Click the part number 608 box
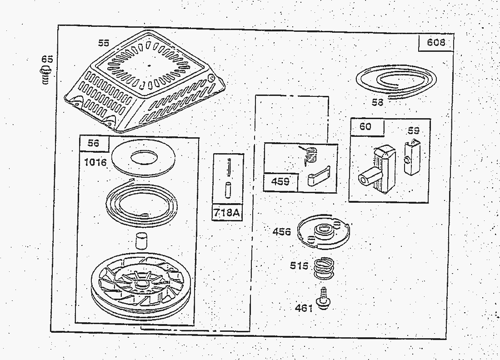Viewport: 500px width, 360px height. pyautogui.click(x=435, y=43)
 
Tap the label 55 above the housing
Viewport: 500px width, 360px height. pyautogui.click(x=103, y=43)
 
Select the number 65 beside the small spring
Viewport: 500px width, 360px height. pyautogui.click(x=48, y=59)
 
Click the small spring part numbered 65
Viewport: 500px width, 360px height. pyautogui.click(x=46, y=75)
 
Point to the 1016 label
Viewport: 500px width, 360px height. pyautogui.click(x=95, y=162)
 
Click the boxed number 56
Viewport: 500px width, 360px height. pyautogui.click(x=94, y=143)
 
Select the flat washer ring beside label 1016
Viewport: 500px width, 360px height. pyautogui.click(x=144, y=158)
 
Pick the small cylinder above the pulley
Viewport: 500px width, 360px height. pyautogui.click(x=141, y=241)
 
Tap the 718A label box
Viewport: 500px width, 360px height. pyautogui.click(x=227, y=213)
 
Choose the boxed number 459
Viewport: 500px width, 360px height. pyautogui.click(x=280, y=181)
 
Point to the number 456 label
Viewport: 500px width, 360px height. pyautogui.click(x=281, y=231)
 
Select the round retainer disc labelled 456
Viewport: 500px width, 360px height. pyautogui.click(x=323, y=232)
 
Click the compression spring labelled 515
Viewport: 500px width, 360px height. pyautogui.click(x=324, y=268)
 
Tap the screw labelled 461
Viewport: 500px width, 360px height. pyautogui.click(x=323, y=298)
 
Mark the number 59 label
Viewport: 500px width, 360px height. pyautogui.click(x=413, y=131)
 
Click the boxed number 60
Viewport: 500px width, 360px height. pyautogui.click(x=366, y=126)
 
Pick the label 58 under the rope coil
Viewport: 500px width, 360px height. pyautogui.click(x=378, y=102)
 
